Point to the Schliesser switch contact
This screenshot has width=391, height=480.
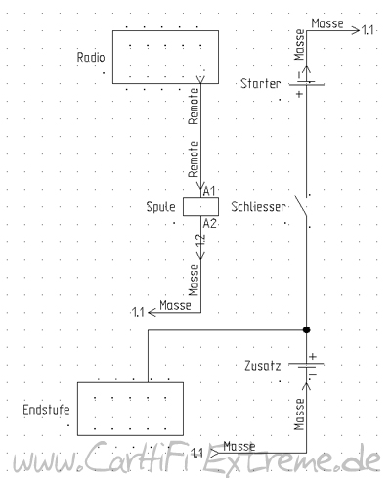pyautogui.click(x=301, y=206)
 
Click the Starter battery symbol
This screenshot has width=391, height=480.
pyautogui.click(x=306, y=83)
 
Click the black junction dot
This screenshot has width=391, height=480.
pyautogui.click(x=306, y=330)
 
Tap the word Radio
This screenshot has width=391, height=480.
pyautogui.click(x=91, y=58)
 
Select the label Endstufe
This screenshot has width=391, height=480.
pyautogui.click(x=46, y=410)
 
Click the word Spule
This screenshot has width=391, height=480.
pyautogui.click(x=160, y=207)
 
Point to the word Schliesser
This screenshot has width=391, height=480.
pyautogui.click(x=258, y=207)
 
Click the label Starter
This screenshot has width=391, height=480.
pyautogui.click(x=261, y=84)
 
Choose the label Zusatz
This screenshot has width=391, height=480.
pyautogui.click(x=263, y=366)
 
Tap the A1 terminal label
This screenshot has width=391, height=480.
pyautogui.click(x=209, y=191)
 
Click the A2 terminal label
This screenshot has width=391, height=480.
pyautogui.click(x=210, y=224)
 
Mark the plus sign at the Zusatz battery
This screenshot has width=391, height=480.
pyautogui.click(x=313, y=356)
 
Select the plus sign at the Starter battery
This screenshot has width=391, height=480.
pyautogui.click(x=299, y=94)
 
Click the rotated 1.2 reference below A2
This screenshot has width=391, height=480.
pyautogui.click(x=201, y=241)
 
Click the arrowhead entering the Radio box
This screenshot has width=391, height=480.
pyautogui.click(x=200, y=79)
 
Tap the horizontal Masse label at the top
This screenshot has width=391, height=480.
pyautogui.click(x=327, y=23)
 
